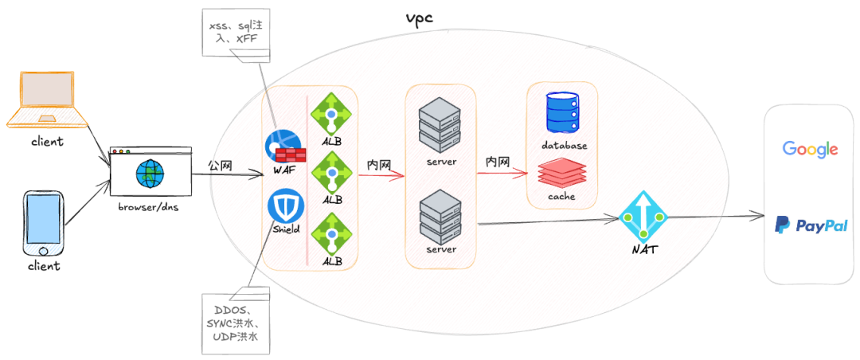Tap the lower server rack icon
[x=440, y=215]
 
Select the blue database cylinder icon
[x=564, y=112]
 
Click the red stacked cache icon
[x=563, y=174]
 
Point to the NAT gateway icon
[x=643, y=216]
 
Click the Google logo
[x=810, y=149]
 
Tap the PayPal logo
[x=811, y=225]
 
